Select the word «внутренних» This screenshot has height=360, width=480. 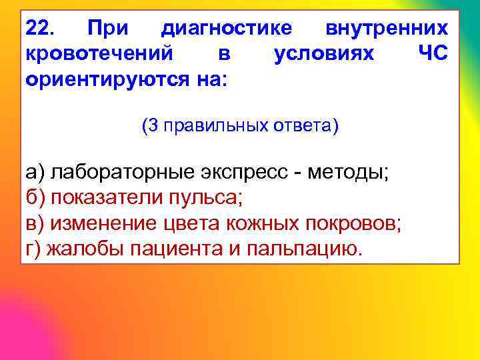coord(387,29)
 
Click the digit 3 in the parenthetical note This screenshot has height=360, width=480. coord(151,126)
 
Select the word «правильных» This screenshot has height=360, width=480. coord(217,126)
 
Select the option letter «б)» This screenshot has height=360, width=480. coord(35,198)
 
